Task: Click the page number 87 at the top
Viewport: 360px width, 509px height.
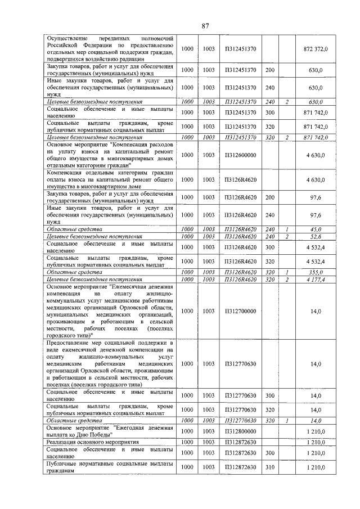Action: tap(205, 25)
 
